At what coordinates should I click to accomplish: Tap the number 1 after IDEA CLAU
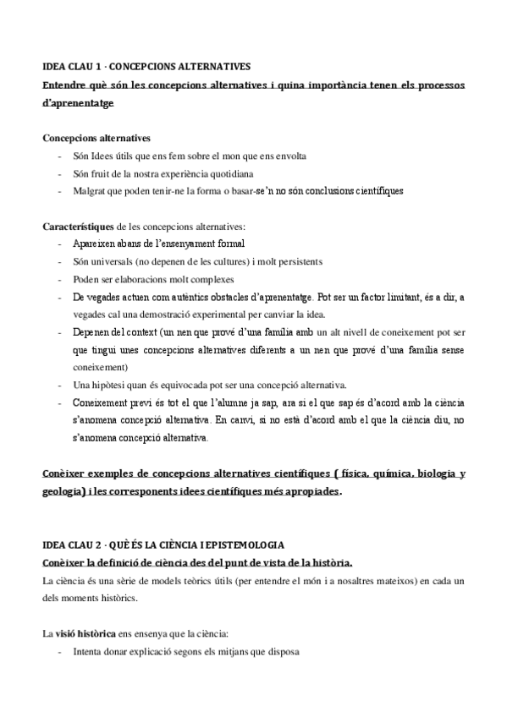98,66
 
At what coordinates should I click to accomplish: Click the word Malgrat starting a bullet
91,190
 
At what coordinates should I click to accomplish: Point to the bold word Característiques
78,227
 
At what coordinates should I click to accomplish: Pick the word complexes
212,279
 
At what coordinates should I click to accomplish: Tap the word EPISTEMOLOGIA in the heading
239,545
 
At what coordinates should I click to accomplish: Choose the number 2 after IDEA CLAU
98,545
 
